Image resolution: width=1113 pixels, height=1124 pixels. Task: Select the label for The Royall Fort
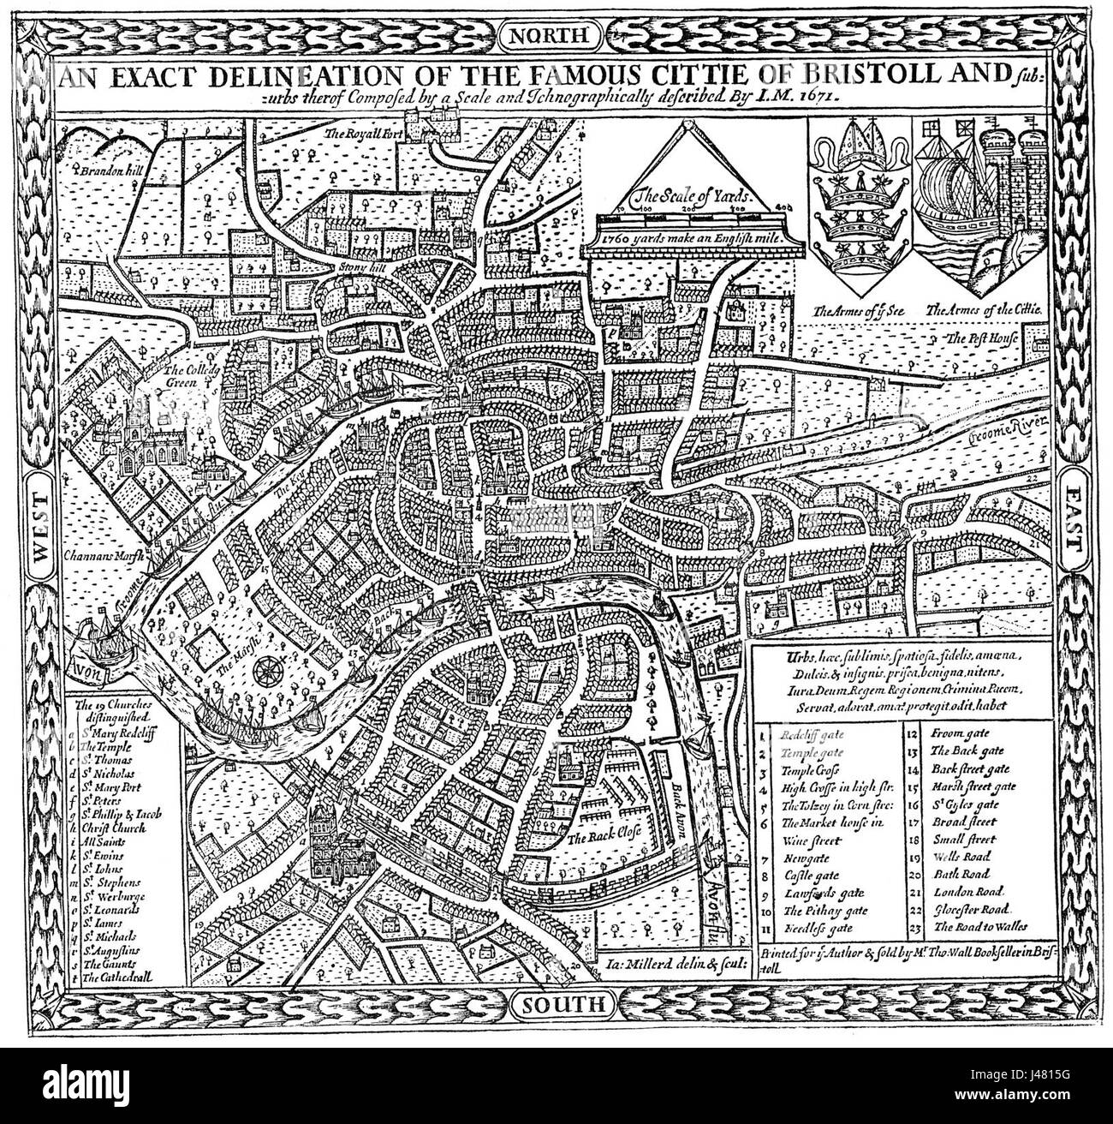(x=358, y=134)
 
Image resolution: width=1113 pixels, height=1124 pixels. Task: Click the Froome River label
(x=998, y=433)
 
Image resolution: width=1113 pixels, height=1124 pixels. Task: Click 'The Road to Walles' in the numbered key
(x=980, y=927)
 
